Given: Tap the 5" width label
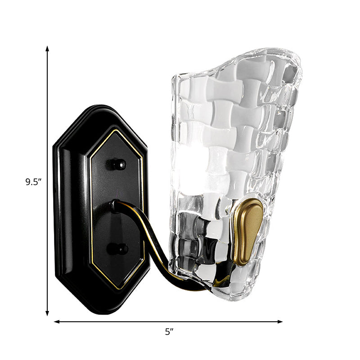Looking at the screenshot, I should click(169, 332).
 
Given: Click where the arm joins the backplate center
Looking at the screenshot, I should click(116, 206).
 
